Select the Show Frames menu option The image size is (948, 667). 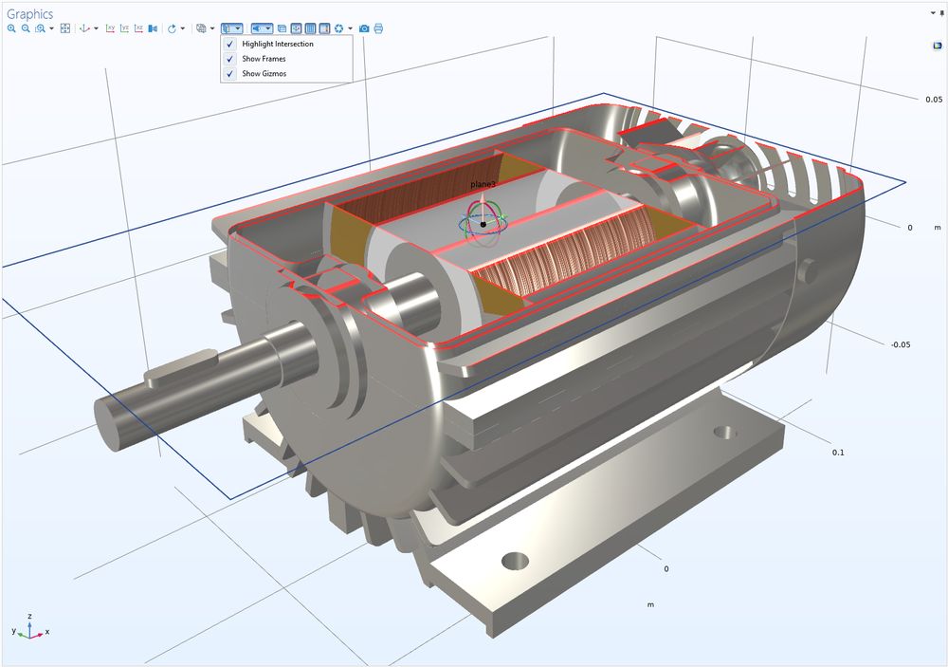263,59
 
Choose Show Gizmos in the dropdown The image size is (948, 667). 264,73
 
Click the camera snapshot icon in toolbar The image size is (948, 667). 364,28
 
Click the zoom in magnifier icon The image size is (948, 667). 11,28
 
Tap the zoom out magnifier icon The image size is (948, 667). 26,28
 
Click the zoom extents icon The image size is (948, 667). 65,28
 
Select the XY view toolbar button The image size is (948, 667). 110,28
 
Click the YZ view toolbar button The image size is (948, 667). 124,28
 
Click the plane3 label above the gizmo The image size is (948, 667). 483,183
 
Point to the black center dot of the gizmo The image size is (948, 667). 483,224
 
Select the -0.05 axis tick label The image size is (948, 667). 901,344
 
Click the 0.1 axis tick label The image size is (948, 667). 837,453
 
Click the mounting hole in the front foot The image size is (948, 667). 516,559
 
